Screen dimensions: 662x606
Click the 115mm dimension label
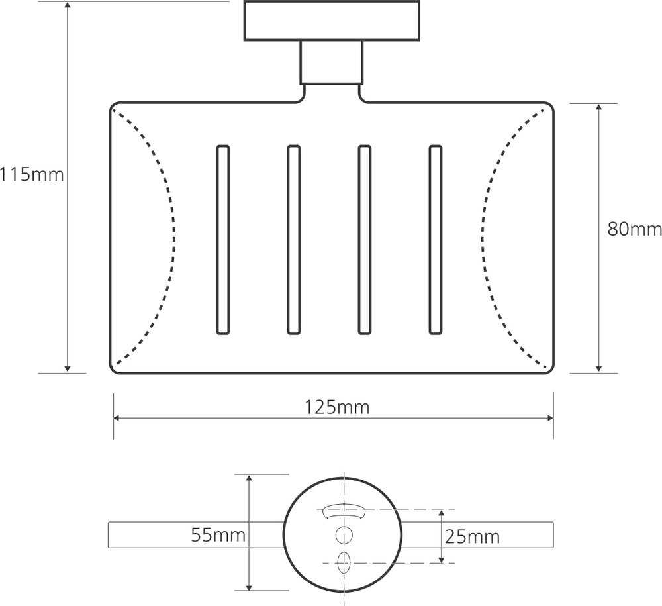click(32, 174)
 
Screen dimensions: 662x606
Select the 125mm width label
click(337, 407)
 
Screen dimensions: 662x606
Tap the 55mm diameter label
click(218, 535)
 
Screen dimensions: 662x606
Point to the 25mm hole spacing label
click(472, 537)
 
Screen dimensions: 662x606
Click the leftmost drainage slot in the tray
click(223, 240)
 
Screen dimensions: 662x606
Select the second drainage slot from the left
click(294, 240)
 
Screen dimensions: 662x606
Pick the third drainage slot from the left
click(365, 240)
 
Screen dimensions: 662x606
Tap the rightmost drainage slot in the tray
click(436, 240)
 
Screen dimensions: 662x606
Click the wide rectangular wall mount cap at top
click(332, 21)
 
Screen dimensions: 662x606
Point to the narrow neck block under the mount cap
click(332, 62)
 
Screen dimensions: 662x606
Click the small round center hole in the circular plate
click(344, 535)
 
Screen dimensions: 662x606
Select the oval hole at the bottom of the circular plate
click(344, 562)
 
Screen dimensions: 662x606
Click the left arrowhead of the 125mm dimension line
click(117, 418)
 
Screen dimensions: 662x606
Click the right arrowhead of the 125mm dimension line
click(549, 418)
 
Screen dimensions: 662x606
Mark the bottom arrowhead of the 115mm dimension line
click(68, 369)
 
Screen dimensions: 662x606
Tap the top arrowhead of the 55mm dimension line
click(249, 478)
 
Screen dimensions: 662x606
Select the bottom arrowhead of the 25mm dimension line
click(442, 559)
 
